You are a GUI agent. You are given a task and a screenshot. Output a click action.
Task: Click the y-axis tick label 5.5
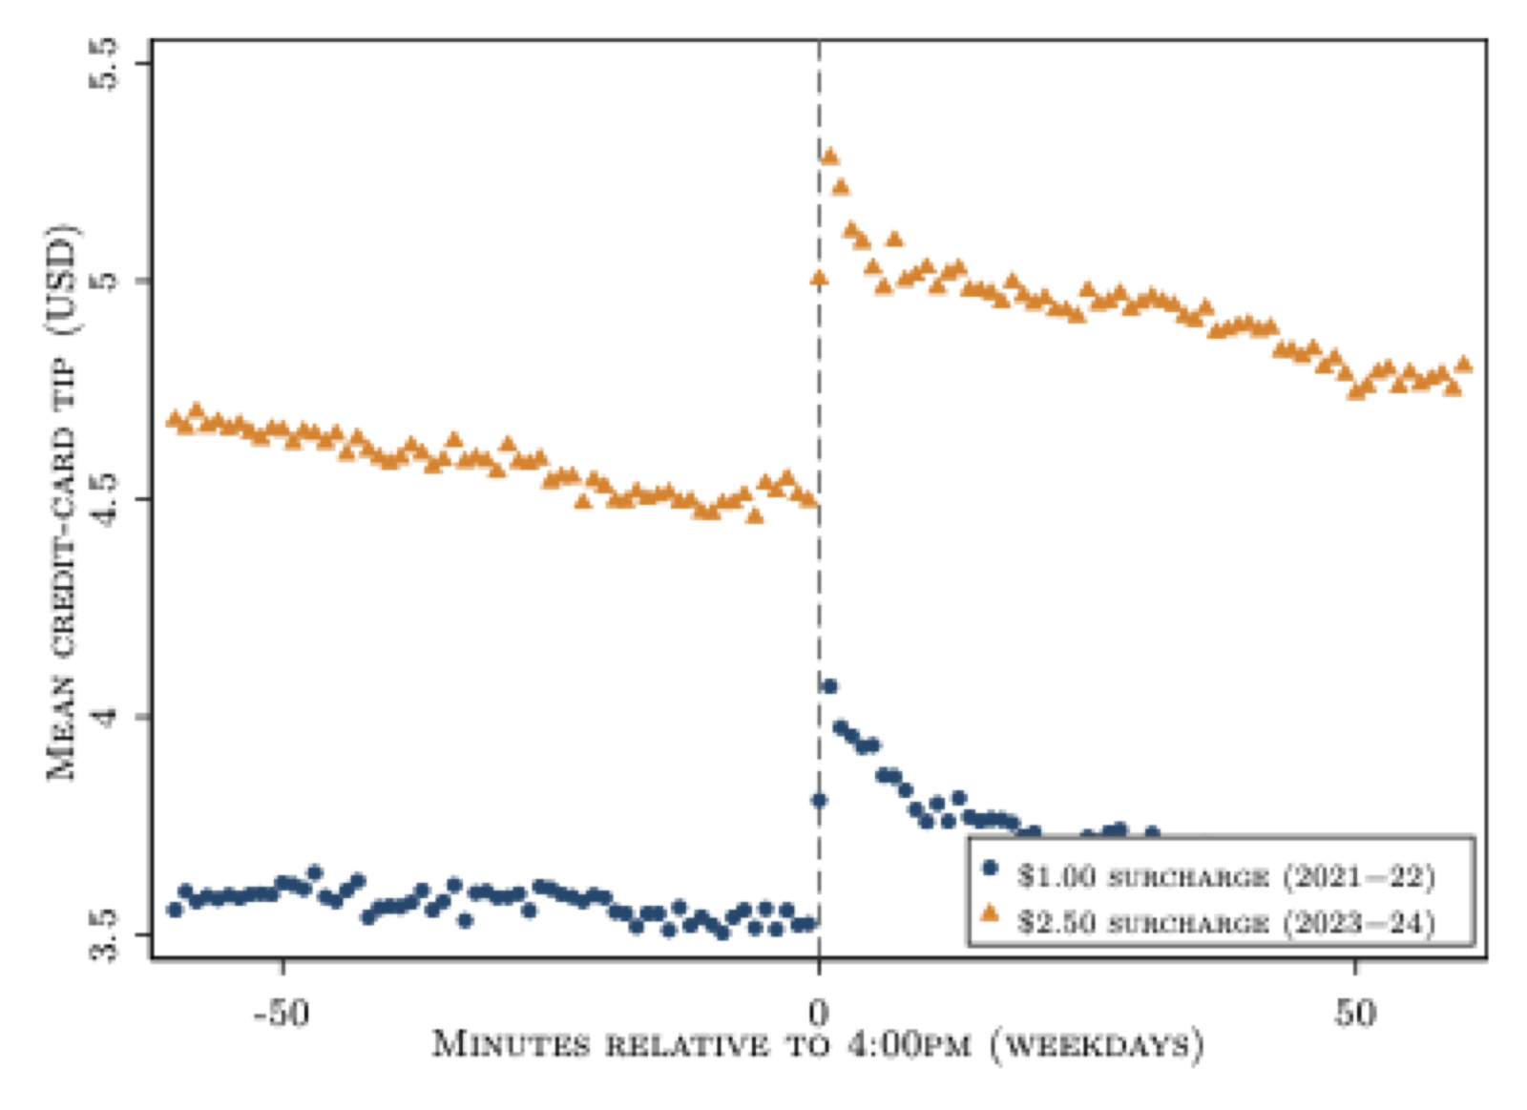103,63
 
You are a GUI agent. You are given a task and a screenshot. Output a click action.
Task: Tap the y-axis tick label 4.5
103,499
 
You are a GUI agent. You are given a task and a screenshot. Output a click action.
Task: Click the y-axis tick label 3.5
103,934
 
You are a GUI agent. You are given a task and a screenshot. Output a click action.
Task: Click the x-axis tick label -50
282,1014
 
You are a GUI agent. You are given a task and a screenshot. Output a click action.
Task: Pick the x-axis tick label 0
819,1014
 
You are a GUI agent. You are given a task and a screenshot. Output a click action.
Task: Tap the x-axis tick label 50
1355,1014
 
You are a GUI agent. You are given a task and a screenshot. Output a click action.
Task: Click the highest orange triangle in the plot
829,157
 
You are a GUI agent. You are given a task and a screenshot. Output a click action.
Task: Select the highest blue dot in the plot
829,686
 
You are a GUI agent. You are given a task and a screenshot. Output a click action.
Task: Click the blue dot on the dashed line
820,801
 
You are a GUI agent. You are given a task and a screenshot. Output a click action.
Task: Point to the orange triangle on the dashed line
820,278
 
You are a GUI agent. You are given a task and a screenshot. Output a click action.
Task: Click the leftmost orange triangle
175,418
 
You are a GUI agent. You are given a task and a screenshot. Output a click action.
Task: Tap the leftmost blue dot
175,910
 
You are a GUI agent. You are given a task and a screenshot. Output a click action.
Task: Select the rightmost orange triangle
1463,364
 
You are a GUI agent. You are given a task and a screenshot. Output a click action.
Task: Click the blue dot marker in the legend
989,868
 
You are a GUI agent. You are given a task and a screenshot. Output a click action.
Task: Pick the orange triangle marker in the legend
989,913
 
